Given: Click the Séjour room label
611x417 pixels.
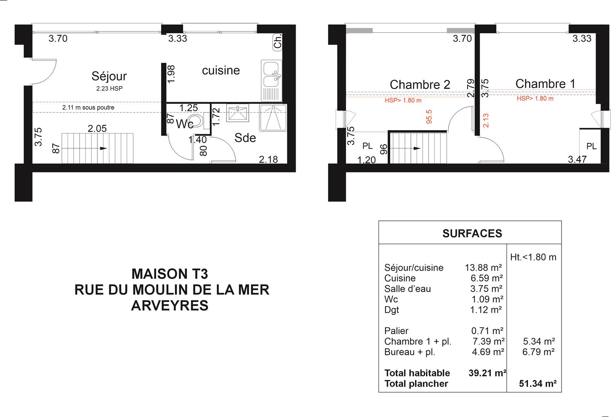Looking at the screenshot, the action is click(109, 76).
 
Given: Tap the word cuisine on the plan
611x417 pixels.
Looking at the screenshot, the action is click(221, 71).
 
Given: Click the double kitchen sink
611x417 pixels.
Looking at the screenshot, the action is click(271, 81).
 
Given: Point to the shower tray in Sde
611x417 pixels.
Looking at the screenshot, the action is click(273, 118).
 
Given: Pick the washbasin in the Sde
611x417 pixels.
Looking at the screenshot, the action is click(238, 113).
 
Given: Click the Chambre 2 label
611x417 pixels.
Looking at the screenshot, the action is click(420, 85).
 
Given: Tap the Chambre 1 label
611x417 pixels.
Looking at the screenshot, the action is click(545, 84).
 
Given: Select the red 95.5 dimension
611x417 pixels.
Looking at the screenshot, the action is click(429, 117).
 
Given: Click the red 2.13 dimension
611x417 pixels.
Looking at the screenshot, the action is click(486, 120).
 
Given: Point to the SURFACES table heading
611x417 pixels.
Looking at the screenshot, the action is click(472, 234).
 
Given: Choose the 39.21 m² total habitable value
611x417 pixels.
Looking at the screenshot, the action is click(487, 373).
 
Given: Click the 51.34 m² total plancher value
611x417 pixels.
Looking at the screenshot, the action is click(538, 383).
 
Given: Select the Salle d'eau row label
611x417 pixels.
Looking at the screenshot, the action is click(407, 289).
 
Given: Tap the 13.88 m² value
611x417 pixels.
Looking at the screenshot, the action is click(483, 268).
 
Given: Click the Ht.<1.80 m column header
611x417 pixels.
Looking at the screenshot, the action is click(533, 257).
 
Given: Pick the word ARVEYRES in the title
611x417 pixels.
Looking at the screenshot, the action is click(170, 306).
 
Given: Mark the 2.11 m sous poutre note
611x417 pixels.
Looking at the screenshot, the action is click(88, 107).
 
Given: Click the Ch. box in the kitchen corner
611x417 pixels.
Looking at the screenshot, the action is click(277, 42).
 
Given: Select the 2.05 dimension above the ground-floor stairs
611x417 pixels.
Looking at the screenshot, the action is click(97, 128).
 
